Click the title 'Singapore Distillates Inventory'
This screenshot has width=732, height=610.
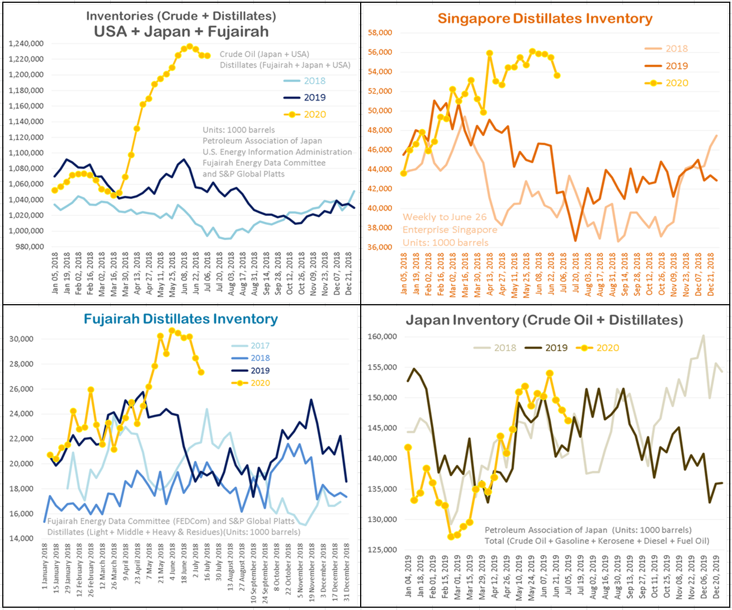[545, 18]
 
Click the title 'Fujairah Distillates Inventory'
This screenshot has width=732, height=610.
[181, 319]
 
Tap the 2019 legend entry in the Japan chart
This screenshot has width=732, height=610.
[555, 348]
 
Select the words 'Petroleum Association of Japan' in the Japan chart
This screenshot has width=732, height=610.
[540, 530]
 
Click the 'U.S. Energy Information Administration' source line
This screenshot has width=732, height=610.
[277, 152]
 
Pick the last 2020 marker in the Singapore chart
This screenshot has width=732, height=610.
[557, 75]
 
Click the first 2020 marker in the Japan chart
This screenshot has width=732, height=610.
[408, 447]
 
